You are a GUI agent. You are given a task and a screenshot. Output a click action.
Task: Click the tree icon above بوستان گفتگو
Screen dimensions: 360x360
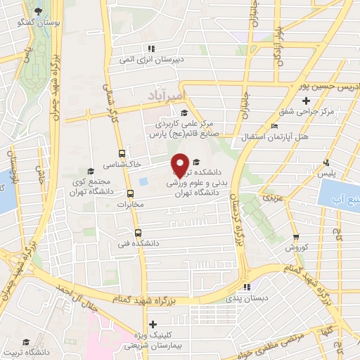pyautogui.click(x=37, y=11)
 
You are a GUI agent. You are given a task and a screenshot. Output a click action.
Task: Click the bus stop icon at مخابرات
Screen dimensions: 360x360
pyautogui.click(x=130, y=194)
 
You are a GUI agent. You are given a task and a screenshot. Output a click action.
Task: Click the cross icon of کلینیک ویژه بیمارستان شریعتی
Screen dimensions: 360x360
pyautogui.click(x=153, y=323)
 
